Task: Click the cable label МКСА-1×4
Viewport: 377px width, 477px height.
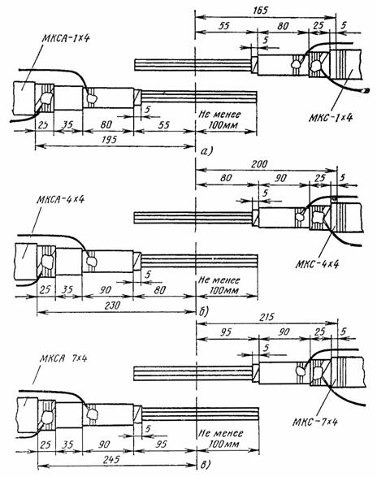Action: coord(66,38)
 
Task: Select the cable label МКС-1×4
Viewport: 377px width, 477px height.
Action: coord(330,118)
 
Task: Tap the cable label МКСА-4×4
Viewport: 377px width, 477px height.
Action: coord(61,200)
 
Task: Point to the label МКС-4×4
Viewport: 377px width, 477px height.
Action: coord(317,264)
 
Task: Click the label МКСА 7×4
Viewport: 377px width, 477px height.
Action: coord(63,358)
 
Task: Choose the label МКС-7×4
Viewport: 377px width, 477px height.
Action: coord(315,423)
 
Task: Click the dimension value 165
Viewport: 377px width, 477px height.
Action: coord(261,11)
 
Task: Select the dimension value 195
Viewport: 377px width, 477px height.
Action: coord(109,140)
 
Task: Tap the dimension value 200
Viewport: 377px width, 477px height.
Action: coord(259,164)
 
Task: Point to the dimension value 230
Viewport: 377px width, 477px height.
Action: coord(112,306)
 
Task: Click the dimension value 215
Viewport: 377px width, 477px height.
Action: coord(266,317)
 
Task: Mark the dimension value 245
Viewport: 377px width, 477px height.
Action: coord(111,459)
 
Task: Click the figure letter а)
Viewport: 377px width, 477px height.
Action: coord(207,151)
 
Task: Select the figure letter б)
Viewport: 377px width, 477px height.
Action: coord(204,311)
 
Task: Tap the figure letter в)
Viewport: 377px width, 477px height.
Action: coord(206,465)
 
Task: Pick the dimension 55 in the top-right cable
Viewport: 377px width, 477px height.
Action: coord(223,25)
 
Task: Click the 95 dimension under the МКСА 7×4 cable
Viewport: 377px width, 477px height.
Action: coord(161,444)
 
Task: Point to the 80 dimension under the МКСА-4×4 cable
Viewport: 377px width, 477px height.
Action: coord(160,290)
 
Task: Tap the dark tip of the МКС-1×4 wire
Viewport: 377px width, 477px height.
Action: coord(367,90)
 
